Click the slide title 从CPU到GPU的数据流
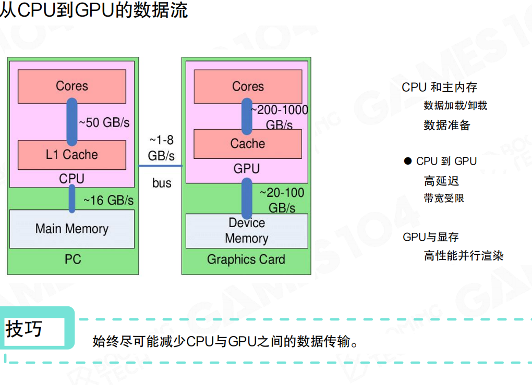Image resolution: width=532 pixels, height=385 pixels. coord(94,10)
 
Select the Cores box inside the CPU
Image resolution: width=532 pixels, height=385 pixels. coord(72,86)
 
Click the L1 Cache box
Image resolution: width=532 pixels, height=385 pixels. coord(72,155)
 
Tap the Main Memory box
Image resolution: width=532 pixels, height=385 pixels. coord(72,229)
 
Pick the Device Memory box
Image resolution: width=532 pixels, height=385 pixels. coord(246,231)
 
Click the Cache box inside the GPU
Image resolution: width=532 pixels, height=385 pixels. coord(248,144)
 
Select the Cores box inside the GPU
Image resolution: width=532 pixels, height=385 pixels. coord(248,86)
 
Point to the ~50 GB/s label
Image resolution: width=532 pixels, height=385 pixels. coord(104,123)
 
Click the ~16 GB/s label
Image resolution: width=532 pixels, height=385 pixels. coord(108,200)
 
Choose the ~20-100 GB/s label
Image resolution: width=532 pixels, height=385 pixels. coord(282,201)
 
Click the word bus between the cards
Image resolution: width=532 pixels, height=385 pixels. coord(162,183)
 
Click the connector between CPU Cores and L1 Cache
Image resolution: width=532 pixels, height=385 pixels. coord(72,122)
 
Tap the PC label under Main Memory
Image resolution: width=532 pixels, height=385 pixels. coord(72,259)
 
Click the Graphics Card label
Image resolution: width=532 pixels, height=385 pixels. coord(246,259)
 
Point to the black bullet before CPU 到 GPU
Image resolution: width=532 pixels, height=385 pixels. coord(408,162)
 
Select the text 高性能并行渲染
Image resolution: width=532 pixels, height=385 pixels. coord(464,256)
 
